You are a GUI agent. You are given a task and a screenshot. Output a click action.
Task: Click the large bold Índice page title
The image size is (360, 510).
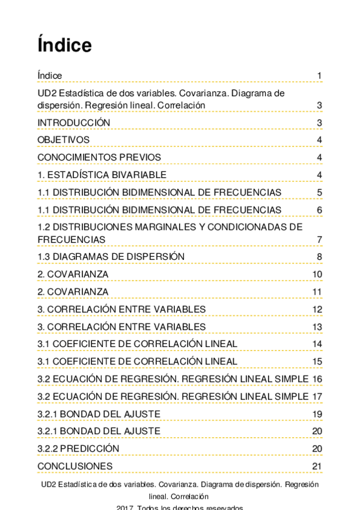click(64, 45)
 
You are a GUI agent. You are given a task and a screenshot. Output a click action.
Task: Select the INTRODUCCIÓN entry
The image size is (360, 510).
click(74, 123)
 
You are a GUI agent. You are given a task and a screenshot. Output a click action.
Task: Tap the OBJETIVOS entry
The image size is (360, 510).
click(64, 140)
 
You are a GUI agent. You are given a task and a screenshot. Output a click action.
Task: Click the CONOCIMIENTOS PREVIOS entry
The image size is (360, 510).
click(99, 158)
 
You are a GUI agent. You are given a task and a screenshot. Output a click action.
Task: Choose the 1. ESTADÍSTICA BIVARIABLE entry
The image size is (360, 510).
click(102, 175)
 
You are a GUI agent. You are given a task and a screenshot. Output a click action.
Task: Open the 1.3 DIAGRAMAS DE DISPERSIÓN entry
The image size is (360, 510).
click(111, 257)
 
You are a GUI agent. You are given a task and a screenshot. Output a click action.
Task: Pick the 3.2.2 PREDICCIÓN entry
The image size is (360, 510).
click(78, 449)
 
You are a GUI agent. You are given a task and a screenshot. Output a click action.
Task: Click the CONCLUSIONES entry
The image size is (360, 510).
click(75, 466)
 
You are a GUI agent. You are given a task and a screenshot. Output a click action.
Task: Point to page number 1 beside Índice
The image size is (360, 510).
click(320, 76)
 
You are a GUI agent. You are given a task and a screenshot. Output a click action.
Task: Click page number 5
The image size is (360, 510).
click(320, 192)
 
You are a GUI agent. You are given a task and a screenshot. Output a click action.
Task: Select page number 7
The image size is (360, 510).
click(320, 239)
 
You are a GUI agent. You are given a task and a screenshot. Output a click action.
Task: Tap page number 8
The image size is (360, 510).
click(320, 257)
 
